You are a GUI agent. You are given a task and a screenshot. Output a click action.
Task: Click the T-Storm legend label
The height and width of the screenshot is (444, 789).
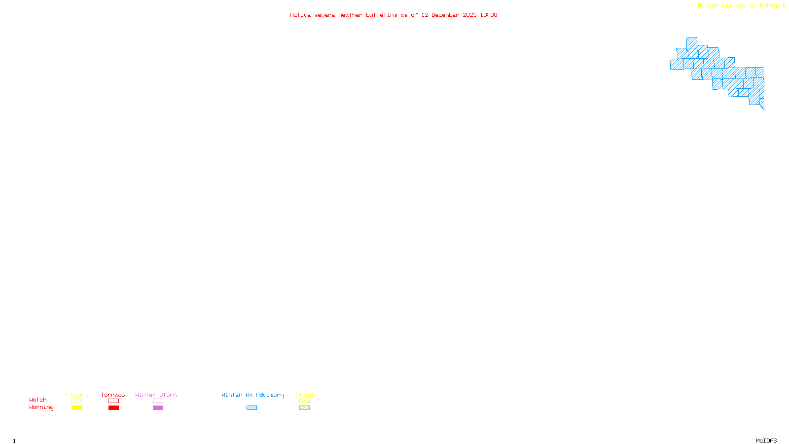point(76,395)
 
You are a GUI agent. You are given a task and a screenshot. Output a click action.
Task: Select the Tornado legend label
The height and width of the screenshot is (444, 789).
point(113,395)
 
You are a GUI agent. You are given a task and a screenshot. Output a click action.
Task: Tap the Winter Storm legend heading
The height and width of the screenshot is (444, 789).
point(156,395)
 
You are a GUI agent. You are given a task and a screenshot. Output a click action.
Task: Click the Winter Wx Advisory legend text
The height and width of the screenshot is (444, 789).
point(252,395)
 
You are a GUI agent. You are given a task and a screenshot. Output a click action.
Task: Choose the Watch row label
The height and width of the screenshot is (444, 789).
point(38,400)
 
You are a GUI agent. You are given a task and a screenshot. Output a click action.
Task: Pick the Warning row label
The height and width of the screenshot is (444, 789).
point(41,407)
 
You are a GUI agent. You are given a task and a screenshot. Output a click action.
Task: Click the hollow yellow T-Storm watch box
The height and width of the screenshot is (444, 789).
point(76,401)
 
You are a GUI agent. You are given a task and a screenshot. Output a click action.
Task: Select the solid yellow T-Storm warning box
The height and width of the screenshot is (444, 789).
point(76,408)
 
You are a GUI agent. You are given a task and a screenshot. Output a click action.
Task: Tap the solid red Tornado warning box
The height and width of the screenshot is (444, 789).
point(113,408)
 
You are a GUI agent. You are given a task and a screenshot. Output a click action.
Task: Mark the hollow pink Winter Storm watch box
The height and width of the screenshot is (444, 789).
point(158,401)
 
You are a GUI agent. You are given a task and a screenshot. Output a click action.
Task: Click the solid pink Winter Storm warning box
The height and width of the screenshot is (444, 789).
point(158,408)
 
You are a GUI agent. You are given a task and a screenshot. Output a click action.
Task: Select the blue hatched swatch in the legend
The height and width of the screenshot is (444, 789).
point(251,408)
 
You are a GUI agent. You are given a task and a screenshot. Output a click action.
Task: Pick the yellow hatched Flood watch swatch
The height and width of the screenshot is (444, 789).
point(304,401)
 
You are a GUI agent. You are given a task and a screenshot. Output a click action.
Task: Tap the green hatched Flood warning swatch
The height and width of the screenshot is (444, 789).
point(304,408)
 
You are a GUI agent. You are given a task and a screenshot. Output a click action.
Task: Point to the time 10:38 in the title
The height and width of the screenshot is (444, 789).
point(489,15)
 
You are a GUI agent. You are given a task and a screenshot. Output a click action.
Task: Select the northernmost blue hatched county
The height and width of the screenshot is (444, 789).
point(691,42)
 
